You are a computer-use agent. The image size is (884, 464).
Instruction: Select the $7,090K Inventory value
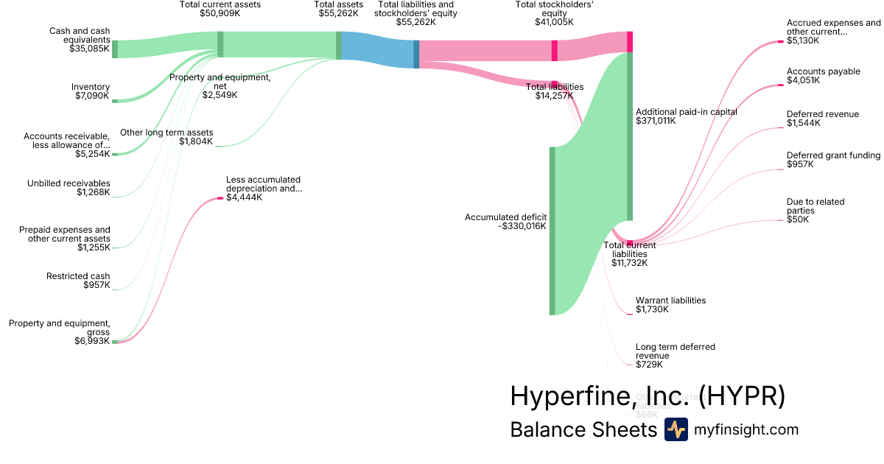(92, 96)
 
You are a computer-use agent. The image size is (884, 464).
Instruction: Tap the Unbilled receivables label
(69, 183)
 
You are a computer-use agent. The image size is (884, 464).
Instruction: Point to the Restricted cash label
(78, 276)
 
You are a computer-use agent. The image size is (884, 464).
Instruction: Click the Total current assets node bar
(220, 44)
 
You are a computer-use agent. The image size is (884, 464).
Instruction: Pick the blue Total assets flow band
(378, 50)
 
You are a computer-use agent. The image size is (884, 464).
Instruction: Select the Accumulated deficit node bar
(552, 231)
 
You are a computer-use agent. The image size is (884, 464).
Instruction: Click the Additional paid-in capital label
(686, 112)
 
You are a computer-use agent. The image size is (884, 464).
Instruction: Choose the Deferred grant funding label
(833, 155)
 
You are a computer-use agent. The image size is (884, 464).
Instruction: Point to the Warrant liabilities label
(670, 300)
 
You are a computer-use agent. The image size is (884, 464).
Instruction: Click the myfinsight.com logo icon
(676, 429)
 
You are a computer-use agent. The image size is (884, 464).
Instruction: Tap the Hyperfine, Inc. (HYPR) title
(648, 396)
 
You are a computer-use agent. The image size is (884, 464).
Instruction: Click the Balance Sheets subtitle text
(583, 429)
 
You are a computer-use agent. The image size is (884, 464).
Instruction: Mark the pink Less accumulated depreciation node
(220, 198)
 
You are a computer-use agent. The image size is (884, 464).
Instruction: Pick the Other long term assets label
(166, 133)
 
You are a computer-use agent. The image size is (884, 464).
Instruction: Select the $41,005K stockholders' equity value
(554, 23)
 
